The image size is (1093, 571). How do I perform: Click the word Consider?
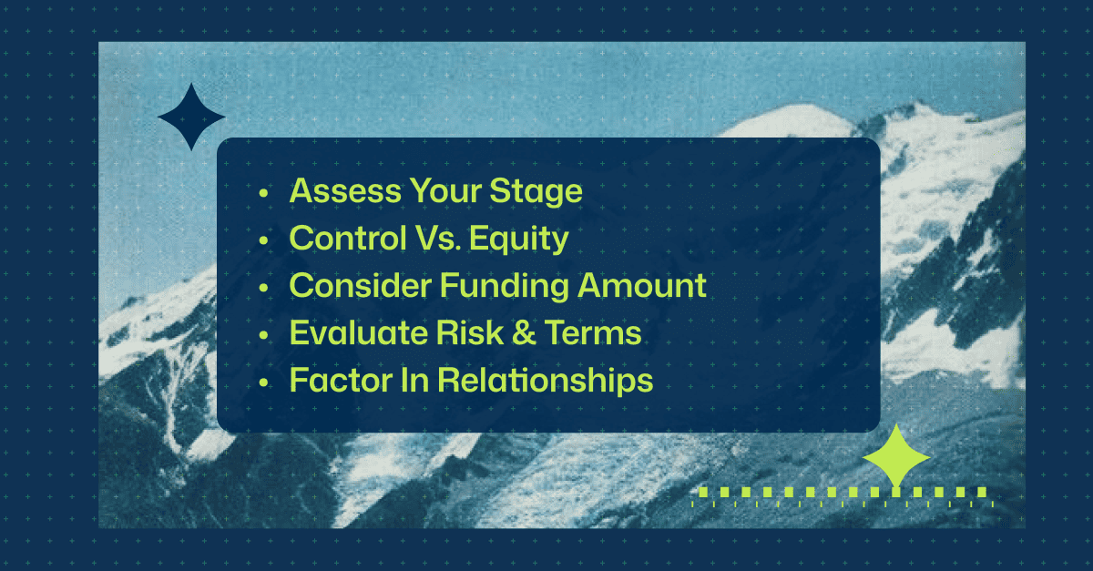pos(360,286)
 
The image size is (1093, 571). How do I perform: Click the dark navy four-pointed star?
pos(191,117)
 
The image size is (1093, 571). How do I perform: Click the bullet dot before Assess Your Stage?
pos(264,194)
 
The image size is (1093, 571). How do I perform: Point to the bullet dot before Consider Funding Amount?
pos(264,288)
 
